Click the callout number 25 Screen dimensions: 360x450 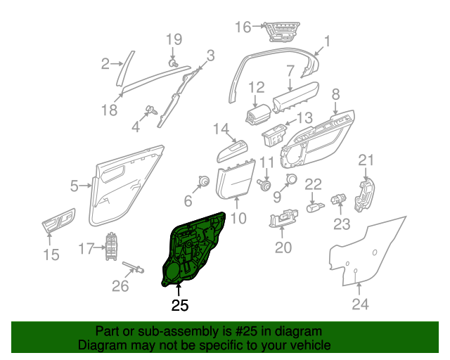click(x=180, y=305)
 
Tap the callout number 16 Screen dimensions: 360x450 click(x=243, y=27)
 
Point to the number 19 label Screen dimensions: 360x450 click(x=174, y=39)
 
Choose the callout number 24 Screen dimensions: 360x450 click(x=360, y=304)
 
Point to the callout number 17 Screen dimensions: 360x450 click(x=86, y=248)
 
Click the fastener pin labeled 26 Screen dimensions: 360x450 click(x=136, y=266)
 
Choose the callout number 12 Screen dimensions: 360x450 click(x=256, y=88)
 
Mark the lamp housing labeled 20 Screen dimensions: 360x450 click(x=283, y=220)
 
